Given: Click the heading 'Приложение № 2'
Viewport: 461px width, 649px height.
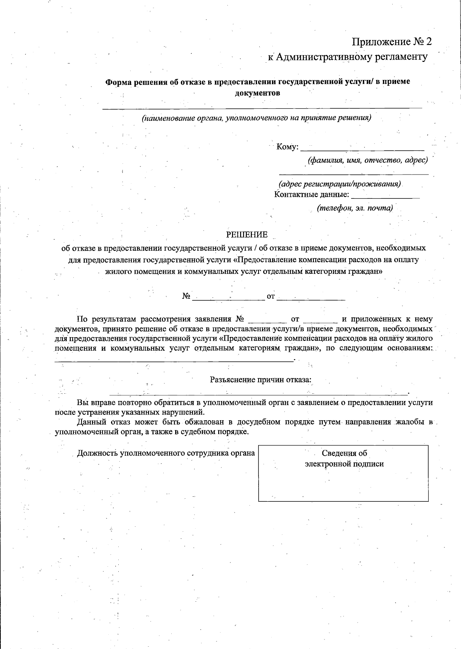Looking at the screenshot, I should tap(392, 42).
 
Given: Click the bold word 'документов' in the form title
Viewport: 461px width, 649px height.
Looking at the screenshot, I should tap(257, 93).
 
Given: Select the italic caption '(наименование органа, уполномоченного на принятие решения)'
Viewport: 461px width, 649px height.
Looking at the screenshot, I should tap(256, 118).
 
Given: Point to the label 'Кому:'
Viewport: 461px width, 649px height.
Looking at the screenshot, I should tap(287, 147).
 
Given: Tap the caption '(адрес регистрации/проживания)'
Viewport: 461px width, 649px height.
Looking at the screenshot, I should tap(340, 183).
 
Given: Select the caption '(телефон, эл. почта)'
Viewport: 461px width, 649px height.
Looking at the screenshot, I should tap(354, 208).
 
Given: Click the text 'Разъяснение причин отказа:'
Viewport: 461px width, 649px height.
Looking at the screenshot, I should tap(260, 380).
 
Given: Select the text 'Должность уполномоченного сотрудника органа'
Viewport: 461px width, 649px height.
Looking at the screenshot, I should tap(166, 453).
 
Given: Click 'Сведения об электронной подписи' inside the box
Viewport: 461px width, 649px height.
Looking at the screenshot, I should tap(344, 459).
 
